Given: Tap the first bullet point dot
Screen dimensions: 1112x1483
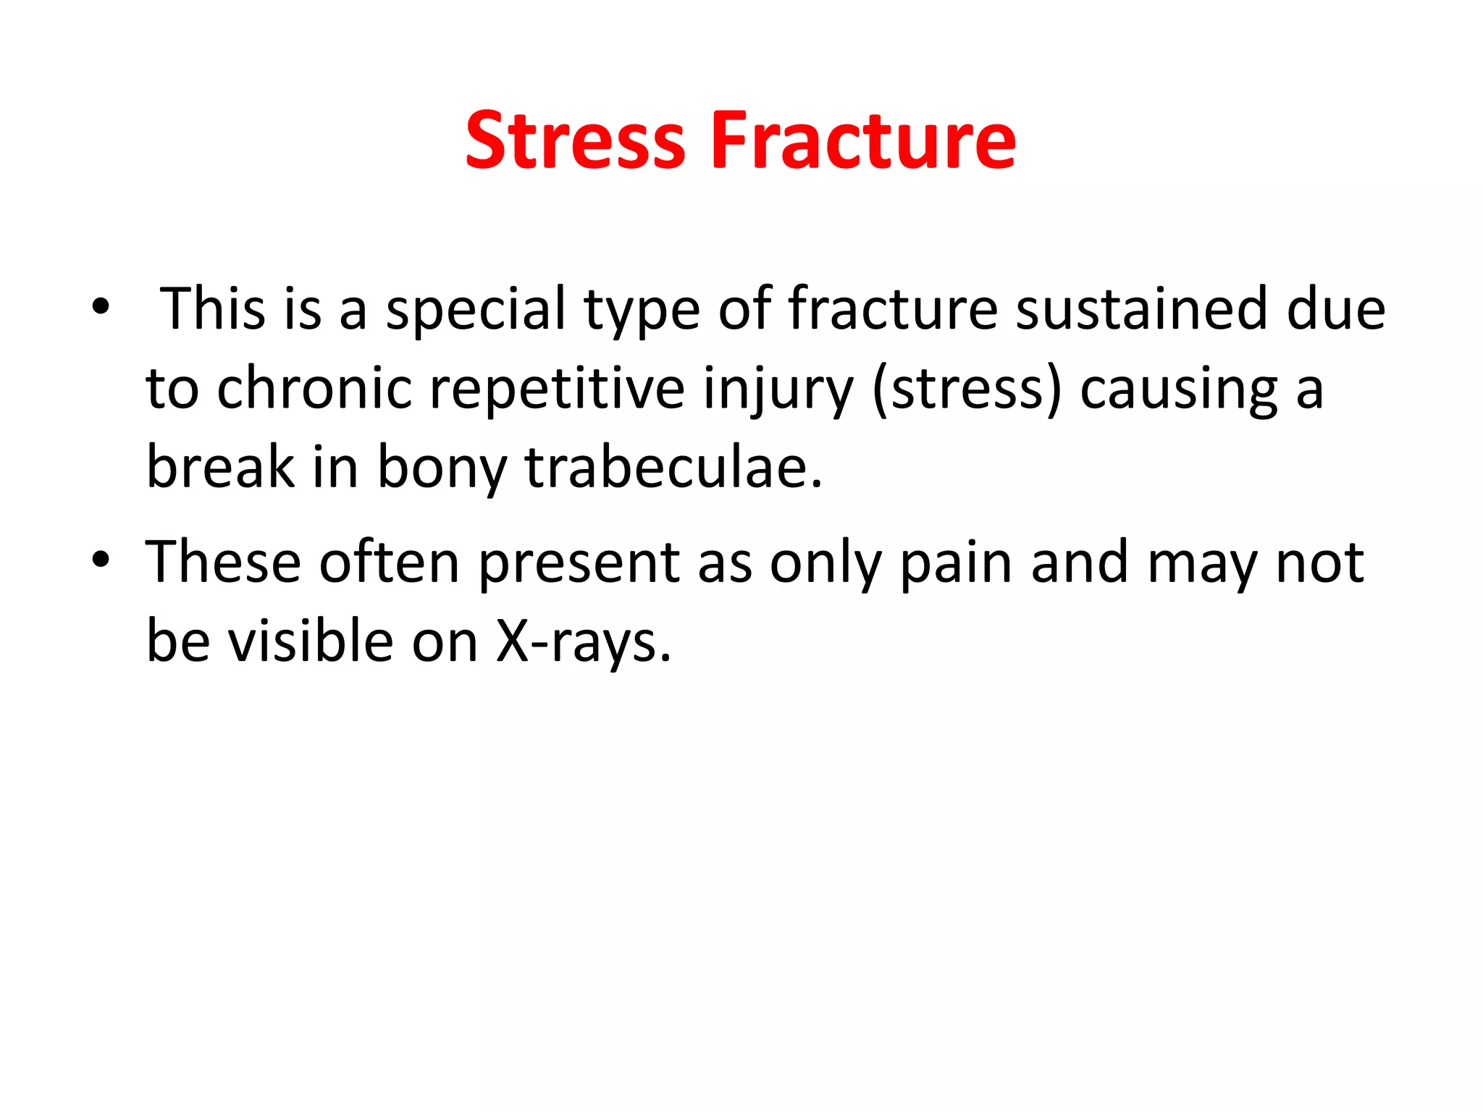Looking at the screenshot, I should coord(101,308).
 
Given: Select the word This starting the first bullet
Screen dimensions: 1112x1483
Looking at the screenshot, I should coord(212,309).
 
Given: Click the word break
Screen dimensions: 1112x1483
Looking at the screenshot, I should coord(220,468).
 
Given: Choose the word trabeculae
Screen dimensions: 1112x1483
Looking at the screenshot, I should coord(673,468).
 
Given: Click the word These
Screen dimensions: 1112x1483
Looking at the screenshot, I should coord(223,562).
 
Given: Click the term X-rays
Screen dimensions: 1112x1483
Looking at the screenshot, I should coord(584,643).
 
